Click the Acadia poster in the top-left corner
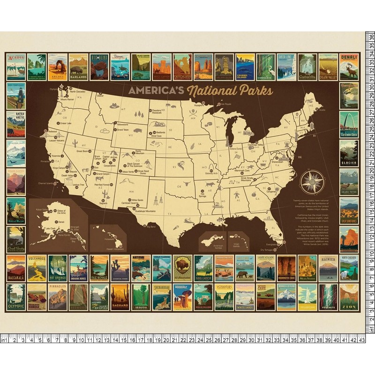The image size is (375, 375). pos(16,67)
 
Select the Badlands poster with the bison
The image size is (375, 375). pos(78,67)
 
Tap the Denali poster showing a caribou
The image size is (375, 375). pos(349,67)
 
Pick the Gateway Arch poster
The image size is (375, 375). pos(349,124)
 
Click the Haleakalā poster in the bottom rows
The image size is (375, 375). pos(16,268)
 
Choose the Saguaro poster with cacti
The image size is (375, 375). pos(120,297)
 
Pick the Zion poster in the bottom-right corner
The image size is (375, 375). pos(349,297)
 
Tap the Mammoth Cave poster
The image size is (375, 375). pos(286,268)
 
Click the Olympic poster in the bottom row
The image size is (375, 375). pos(16,297)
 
